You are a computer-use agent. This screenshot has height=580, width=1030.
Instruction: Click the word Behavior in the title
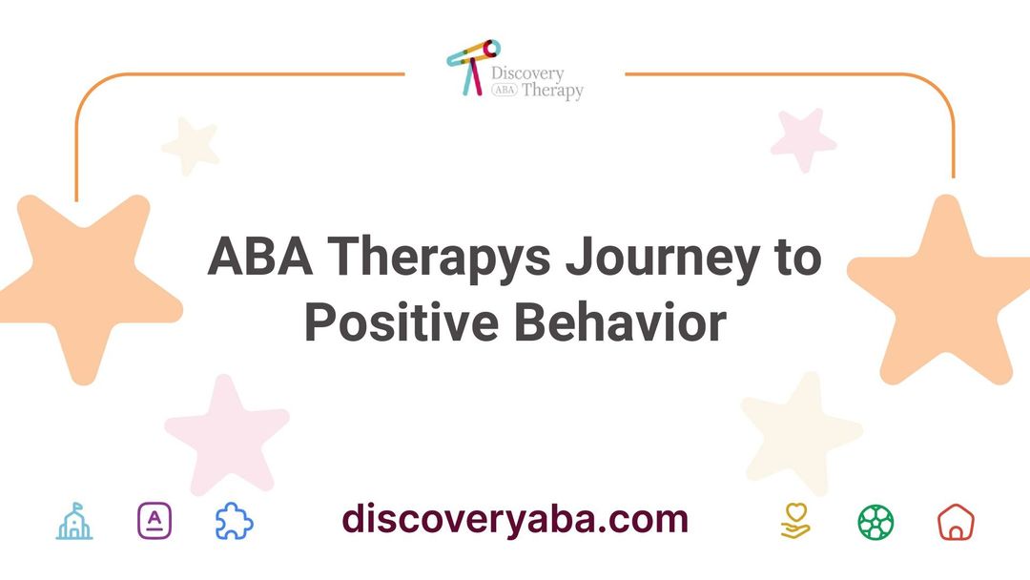click(621, 321)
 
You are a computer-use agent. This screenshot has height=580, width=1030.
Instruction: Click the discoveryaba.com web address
click(515, 520)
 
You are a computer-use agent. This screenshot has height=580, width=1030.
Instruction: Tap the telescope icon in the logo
click(471, 64)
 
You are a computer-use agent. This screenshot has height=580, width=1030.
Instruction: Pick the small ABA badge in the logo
click(504, 92)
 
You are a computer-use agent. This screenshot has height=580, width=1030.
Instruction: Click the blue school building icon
click(74, 522)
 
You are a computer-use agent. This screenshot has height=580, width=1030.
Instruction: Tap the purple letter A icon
click(154, 522)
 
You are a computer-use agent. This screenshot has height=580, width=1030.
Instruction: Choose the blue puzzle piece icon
click(234, 522)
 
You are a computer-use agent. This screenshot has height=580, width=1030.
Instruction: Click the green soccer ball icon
click(875, 522)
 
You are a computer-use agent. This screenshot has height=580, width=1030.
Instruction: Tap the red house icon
click(956, 522)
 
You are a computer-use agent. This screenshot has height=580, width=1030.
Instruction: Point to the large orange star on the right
click(939, 291)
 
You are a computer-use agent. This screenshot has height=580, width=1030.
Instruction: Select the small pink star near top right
click(803, 140)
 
